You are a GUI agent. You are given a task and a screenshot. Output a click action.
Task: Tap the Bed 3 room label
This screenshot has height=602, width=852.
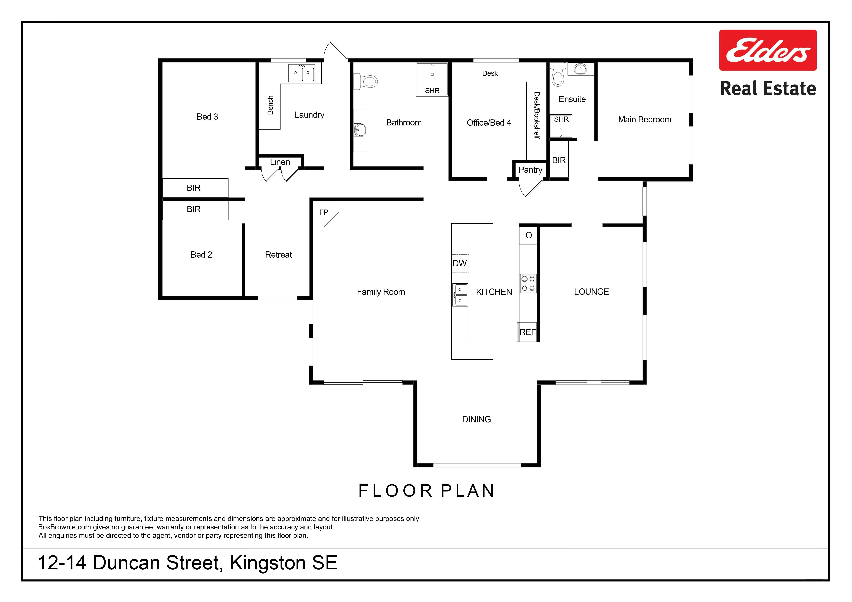click(207, 117)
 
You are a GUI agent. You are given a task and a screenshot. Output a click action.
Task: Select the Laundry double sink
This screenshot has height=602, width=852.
click(302, 73)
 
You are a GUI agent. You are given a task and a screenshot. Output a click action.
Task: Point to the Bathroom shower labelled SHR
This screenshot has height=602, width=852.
click(432, 79)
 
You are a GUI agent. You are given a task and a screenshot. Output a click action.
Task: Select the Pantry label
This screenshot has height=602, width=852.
click(530, 170)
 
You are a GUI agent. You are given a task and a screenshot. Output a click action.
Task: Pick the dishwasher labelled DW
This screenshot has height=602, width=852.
click(460, 263)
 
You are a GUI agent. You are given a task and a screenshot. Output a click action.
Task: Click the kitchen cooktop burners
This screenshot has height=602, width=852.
click(528, 283)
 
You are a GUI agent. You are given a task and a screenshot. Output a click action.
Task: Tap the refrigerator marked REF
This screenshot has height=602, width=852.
click(527, 332)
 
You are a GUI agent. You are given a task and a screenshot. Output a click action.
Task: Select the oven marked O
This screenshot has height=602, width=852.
click(528, 235)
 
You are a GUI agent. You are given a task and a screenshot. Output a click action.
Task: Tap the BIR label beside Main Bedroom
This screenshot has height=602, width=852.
click(559, 160)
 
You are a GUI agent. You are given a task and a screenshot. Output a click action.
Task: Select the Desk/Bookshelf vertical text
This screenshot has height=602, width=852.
click(537, 115)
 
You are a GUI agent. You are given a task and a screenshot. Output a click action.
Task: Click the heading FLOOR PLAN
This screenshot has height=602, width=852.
click(426, 491)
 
